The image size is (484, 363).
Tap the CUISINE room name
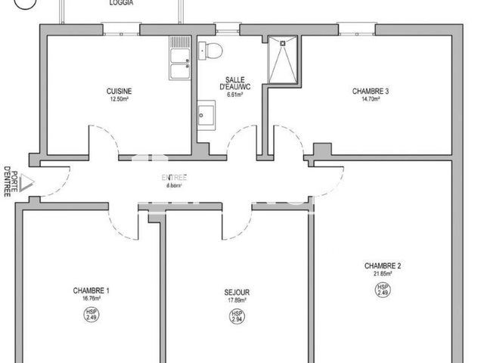pos(118,91)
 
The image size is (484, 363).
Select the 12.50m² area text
pos(118,99)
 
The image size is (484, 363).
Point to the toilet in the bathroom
pos(210,51)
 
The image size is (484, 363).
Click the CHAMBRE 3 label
pos(371,91)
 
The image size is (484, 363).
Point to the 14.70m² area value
pos(371,99)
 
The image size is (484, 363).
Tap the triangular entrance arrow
pos(26,181)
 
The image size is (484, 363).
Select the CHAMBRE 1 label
pos(92,290)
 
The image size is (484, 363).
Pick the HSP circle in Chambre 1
pos(92,315)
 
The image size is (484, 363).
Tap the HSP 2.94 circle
pos(237,315)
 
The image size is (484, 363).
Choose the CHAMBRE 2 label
pos(383,265)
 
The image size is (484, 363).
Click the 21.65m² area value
pos(383,274)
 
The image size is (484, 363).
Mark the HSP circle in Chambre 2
pos(383,290)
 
